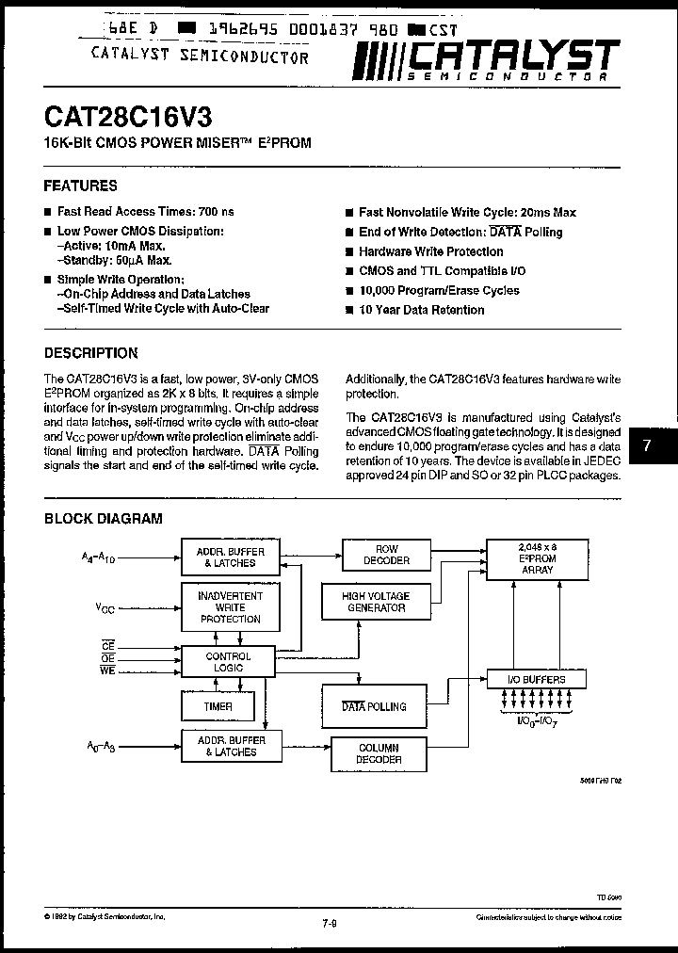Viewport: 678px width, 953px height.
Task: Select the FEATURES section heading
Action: pyautogui.click(x=81, y=186)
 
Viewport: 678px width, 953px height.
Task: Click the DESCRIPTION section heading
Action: pyautogui.click(x=91, y=353)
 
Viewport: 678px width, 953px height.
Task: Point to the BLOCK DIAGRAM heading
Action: pyautogui.click(x=104, y=518)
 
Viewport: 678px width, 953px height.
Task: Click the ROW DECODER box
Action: pyautogui.click(x=386, y=555)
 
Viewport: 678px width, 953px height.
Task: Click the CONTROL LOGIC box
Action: pyautogui.click(x=228, y=661)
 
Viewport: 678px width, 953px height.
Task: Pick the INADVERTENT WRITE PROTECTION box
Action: pyautogui.click(x=231, y=607)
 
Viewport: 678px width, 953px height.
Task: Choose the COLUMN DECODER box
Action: pyautogui.click(x=379, y=753)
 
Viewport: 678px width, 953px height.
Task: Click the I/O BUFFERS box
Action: pyautogui.click(x=537, y=679)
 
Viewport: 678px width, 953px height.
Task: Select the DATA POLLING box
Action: pyautogui.click(x=373, y=706)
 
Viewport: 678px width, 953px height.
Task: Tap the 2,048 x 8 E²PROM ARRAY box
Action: pyautogui.click(x=538, y=558)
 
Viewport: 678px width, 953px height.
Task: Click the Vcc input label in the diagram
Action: pyautogui.click(x=105, y=609)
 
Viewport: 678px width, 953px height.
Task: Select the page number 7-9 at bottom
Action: pyautogui.click(x=329, y=923)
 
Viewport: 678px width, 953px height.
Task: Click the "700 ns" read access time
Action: pyautogui.click(x=218, y=212)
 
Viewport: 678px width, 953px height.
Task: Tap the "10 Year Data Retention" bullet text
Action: pyautogui.click(x=422, y=309)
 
